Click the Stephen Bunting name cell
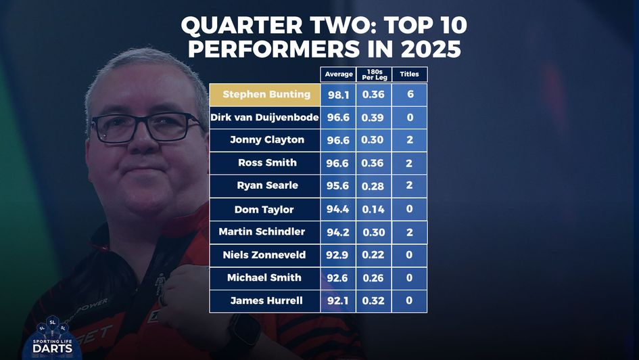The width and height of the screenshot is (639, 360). click(266, 95)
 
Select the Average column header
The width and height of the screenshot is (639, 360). click(338, 74)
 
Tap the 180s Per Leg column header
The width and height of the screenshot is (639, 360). click(373, 74)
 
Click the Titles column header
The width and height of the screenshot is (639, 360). click(409, 74)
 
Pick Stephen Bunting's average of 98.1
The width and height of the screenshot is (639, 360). click(338, 95)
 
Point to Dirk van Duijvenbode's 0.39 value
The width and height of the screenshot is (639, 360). click(373, 118)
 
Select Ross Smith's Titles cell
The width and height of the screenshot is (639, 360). click(409, 163)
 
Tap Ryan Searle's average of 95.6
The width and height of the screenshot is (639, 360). click(338, 186)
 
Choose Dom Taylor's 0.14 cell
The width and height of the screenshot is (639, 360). click(373, 209)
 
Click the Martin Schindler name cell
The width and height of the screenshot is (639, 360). click(262, 232)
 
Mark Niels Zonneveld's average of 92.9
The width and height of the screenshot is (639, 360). click(338, 255)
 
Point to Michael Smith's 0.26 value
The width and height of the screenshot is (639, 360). click(373, 278)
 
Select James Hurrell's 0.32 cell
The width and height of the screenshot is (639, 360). click(373, 301)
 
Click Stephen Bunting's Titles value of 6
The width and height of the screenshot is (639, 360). click(409, 95)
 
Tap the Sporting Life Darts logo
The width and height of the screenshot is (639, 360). click(52, 338)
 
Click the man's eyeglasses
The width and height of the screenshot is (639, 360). click(145, 128)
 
